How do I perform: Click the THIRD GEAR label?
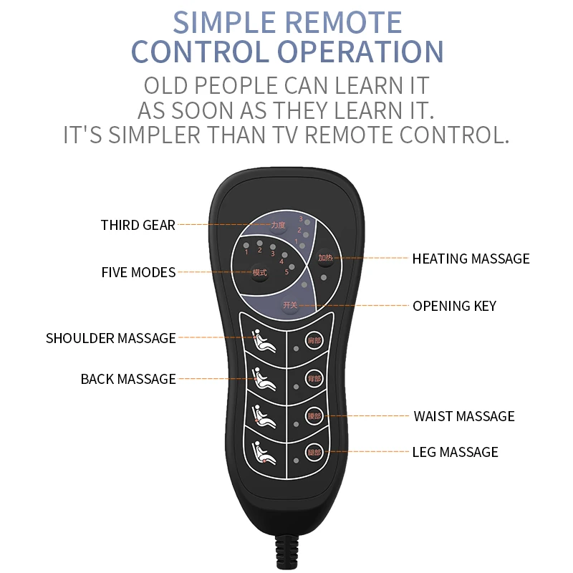pos(138,225)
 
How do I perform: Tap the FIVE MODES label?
pos(138,272)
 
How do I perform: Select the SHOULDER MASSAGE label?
pos(110,338)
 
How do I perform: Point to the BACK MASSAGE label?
pos(128,379)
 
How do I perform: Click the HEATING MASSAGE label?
pos(471,259)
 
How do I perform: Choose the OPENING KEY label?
pos(454,306)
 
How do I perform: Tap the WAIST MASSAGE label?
pos(463,416)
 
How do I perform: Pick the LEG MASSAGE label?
pos(455,452)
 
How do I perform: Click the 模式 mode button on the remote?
pos(259,272)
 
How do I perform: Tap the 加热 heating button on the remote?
pos(325,258)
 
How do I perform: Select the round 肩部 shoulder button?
pos(314,340)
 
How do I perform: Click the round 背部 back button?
pos(314,377)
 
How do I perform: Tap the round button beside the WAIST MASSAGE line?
pos(314,415)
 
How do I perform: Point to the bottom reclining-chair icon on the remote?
pos(264,451)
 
